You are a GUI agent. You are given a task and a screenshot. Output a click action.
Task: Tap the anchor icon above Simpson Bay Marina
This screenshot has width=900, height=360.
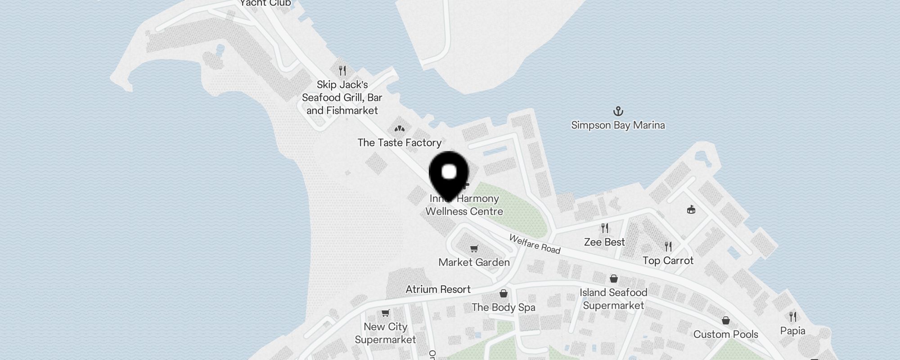tap(618, 111)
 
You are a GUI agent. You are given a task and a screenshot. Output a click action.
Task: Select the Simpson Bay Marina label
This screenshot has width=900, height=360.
tap(618, 125)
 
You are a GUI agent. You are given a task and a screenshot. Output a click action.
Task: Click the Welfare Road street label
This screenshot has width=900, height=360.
tap(535, 244)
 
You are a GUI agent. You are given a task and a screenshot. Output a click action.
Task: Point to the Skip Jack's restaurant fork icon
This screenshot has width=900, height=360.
tap(342, 71)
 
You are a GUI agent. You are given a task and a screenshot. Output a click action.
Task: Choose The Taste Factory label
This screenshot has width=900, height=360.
tap(399, 143)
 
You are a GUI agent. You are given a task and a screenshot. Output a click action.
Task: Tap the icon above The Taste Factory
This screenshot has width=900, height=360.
tap(399, 129)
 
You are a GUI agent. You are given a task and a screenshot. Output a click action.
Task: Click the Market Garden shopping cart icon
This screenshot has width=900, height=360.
tap(474, 248)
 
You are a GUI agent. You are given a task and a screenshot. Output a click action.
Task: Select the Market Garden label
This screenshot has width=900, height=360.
tap(474, 262)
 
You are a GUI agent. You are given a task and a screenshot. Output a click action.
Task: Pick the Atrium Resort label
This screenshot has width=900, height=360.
tap(438, 289)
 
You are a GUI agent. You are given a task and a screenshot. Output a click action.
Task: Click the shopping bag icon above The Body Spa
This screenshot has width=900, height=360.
tap(504, 293)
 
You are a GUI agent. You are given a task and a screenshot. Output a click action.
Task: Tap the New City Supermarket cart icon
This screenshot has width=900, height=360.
tap(385, 313)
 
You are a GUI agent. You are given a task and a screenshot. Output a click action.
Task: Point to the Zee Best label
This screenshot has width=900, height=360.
tap(604, 242)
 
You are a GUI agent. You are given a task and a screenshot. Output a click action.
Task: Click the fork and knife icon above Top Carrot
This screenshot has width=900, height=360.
tap(668, 246)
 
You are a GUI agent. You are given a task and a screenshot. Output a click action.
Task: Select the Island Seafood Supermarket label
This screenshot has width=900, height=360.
tap(613, 299)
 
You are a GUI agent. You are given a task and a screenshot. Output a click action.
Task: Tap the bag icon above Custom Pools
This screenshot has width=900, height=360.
tap(726, 320)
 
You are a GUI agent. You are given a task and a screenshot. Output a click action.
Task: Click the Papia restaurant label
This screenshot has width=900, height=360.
tap(792, 331)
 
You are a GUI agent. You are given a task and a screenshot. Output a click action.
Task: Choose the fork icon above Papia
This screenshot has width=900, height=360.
tap(792, 317)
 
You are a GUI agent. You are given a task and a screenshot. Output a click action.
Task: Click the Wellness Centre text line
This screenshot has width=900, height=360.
tap(464, 211)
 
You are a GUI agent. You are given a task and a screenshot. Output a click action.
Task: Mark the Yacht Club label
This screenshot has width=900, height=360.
tap(265, 4)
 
